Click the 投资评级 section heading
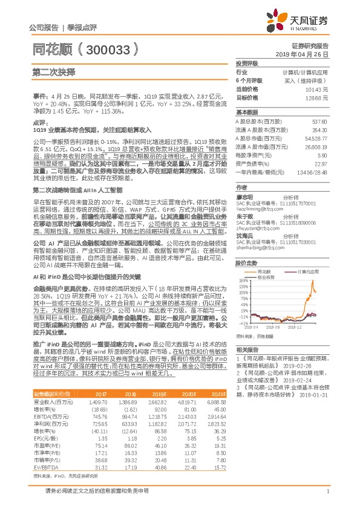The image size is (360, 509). [x=247, y=63]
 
